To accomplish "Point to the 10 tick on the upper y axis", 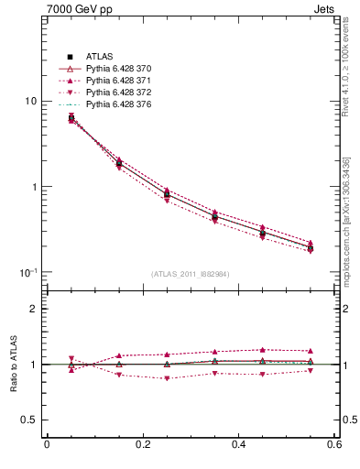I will coord(29,101).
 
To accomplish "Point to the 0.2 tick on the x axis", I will coord(143,445).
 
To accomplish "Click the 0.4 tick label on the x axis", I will coord(239,445).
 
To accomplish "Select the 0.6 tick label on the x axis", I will coord(335,445).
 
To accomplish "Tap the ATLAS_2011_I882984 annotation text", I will coord(190,274).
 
